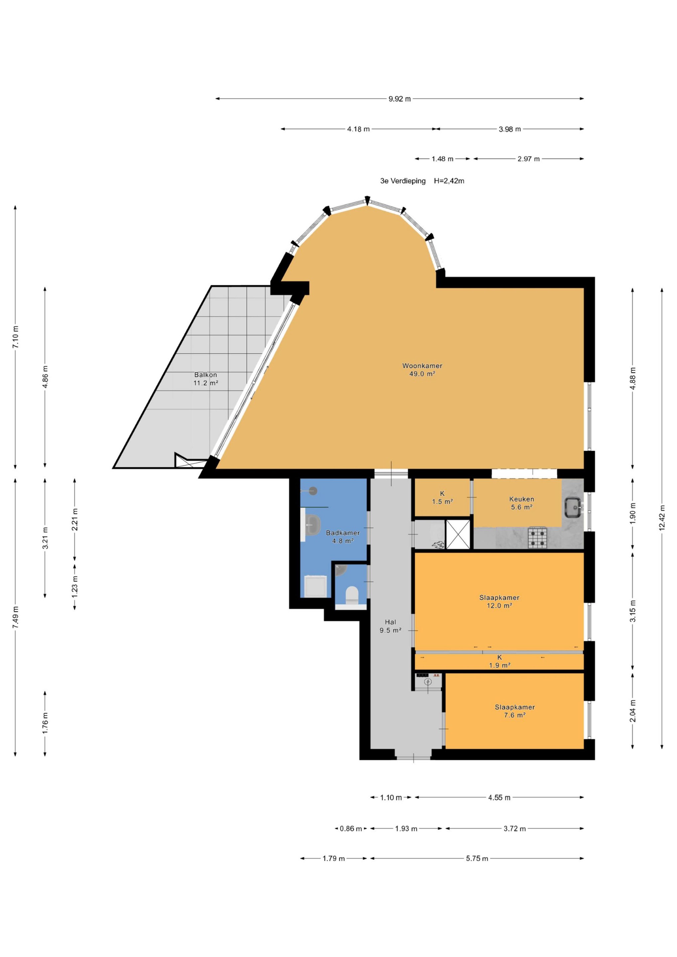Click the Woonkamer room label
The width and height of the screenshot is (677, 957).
422,366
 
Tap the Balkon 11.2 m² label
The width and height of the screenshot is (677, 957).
205,379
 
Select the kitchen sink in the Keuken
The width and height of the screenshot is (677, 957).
574,507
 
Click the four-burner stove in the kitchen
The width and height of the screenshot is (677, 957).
538,538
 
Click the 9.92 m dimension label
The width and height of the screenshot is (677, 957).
400,99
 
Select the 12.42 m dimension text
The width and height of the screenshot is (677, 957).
662,518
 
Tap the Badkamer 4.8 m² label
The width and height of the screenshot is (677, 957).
343,537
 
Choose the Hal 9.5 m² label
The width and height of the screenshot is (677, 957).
390,626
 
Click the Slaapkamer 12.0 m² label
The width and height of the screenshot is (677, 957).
499,601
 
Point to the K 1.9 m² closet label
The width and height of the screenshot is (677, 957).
500,662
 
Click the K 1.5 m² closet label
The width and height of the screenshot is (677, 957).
442,498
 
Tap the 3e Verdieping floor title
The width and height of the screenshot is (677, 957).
403,181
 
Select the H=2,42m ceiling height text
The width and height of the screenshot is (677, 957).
449,181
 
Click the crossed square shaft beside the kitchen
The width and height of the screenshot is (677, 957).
458,534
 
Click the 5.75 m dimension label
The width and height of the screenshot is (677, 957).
477,859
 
